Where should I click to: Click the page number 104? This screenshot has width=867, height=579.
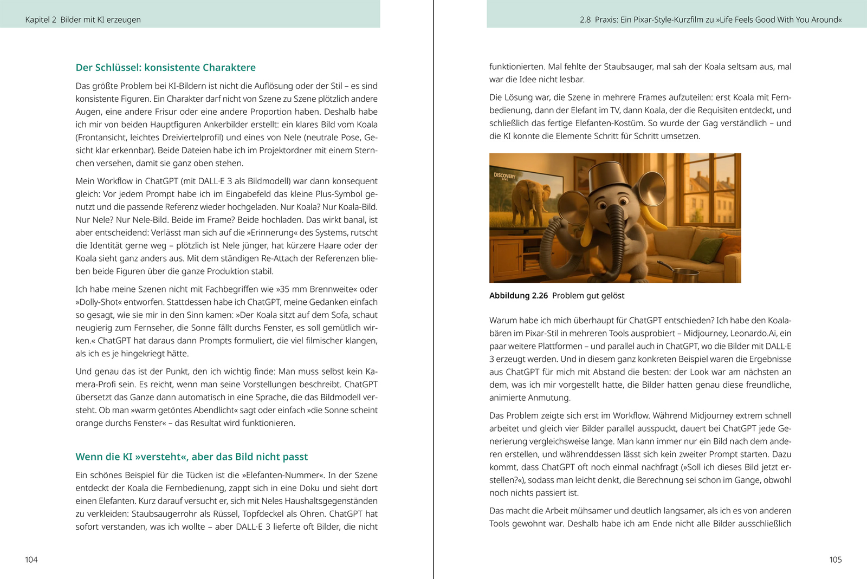coord(31,560)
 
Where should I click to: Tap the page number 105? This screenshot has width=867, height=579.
coord(835,560)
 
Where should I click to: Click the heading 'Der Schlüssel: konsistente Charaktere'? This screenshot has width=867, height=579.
coord(165,68)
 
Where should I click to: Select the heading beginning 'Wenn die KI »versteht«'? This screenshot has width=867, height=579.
coord(191,457)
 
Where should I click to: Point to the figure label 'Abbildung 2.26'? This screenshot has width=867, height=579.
coord(518,296)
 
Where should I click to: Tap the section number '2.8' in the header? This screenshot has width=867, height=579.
coord(585,20)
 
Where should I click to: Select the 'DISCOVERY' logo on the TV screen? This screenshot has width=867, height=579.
coord(504,176)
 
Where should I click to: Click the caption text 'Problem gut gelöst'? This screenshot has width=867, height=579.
coord(588,296)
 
